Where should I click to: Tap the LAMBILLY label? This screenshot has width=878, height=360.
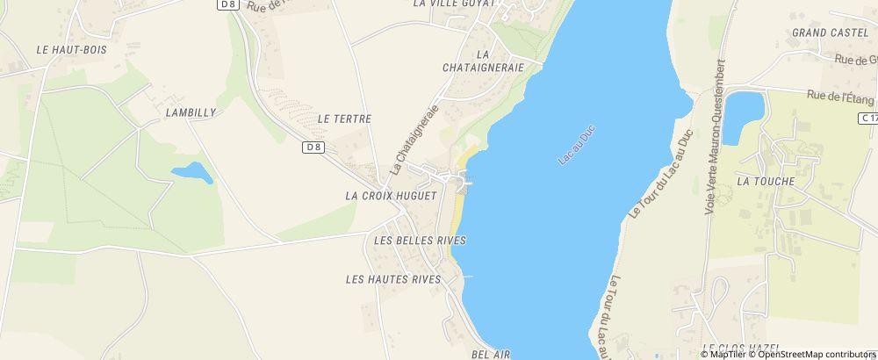click(190, 113)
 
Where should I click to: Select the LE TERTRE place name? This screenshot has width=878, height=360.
click(345, 118)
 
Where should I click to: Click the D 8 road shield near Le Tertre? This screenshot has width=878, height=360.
click(314, 147)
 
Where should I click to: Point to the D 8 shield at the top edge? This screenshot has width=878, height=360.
click(228, 4)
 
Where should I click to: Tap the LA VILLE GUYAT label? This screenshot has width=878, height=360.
click(455, 4)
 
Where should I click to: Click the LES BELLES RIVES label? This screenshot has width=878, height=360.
click(419, 240)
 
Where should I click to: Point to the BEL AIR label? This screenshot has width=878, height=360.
click(491, 353)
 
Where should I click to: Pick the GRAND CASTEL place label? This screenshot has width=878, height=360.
click(823, 32)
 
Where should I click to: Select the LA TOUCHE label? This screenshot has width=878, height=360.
click(766, 182)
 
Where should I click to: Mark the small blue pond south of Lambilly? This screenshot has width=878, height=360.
click(192, 172)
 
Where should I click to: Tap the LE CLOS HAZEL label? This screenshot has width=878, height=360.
click(737, 348)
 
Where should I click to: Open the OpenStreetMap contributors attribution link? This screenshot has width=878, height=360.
click(817, 353)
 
